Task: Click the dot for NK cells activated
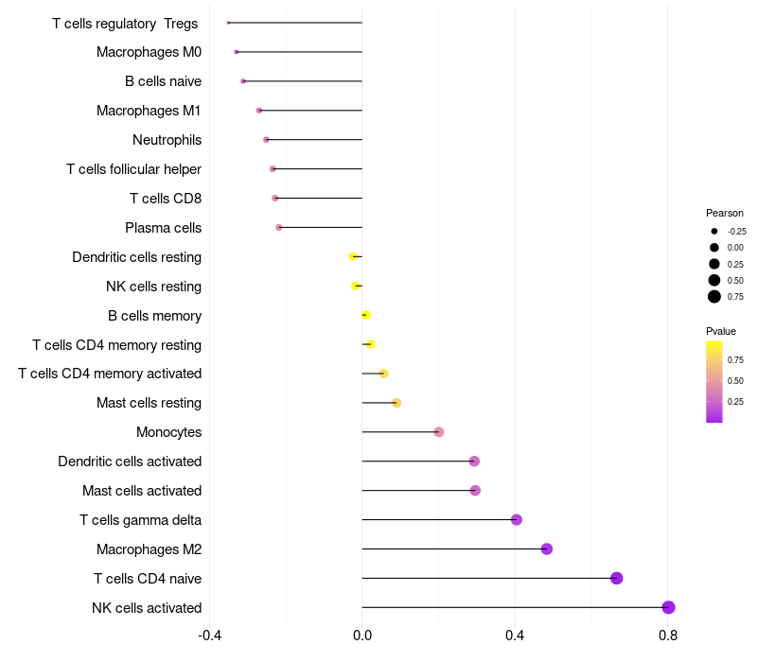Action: click(668, 607)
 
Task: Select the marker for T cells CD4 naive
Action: click(617, 578)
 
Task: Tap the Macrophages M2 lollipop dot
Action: click(546, 549)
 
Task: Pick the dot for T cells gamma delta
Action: click(517, 519)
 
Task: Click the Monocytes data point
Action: click(438, 432)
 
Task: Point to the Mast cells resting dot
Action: click(396, 403)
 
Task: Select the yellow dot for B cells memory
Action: click(366, 315)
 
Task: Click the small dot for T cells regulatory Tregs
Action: click(229, 23)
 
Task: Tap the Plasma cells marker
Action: click(278, 227)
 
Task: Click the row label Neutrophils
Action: click(167, 140)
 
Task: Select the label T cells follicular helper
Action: click(133, 169)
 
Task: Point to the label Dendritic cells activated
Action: click(130, 462)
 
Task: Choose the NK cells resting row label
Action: click(153, 287)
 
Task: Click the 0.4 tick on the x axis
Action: click(515, 635)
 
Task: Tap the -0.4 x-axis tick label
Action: click(209, 635)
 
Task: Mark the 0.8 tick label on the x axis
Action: click(668, 635)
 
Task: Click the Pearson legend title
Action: click(725, 213)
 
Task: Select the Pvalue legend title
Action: click(721, 331)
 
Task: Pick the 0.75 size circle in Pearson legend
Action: click(714, 297)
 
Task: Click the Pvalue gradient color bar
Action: click(714, 381)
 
